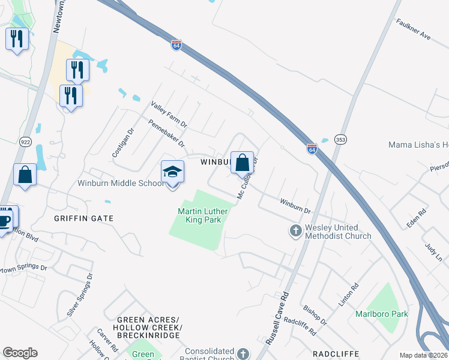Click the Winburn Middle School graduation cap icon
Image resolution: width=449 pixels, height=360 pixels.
(172, 172)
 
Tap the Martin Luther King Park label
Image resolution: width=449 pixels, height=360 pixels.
(200, 215)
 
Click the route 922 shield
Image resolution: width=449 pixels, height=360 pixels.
(26, 142)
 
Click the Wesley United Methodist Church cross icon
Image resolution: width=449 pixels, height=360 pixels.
(295, 230)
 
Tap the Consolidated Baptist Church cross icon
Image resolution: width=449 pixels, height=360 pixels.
(243, 354)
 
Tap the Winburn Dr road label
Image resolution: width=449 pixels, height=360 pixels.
(295, 206)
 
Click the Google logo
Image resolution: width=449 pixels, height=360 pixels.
(20, 353)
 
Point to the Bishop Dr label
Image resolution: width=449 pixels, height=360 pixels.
(315, 314)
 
